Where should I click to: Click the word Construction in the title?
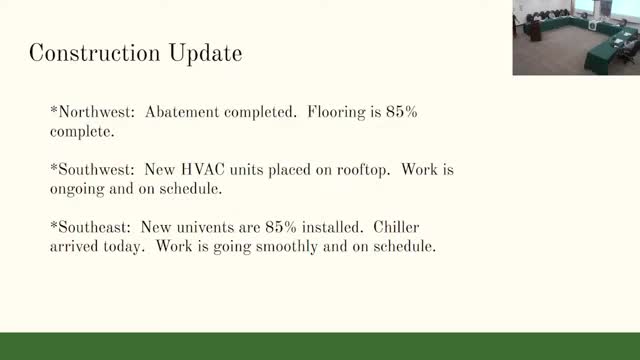(x=95, y=53)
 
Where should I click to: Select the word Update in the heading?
(x=205, y=54)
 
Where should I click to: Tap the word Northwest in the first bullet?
(x=96, y=112)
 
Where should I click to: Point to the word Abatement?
(x=182, y=112)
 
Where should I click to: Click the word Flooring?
(x=336, y=113)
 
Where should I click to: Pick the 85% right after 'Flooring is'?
(x=402, y=112)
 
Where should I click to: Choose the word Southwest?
(x=96, y=169)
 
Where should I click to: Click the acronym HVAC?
(x=202, y=169)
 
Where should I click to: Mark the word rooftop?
(x=363, y=170)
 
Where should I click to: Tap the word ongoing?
(x=77, y=189)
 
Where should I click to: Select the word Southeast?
(x=95, y=227)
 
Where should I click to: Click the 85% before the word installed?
(x=281, y=227)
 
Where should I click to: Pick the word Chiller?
(x=396, y=227)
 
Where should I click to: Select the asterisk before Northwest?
(x=54, y=109)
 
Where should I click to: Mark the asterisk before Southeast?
(x=54, y=224)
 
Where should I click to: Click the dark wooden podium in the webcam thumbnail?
(x=536, y=31)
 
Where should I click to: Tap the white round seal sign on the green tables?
(x=592, y=25)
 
